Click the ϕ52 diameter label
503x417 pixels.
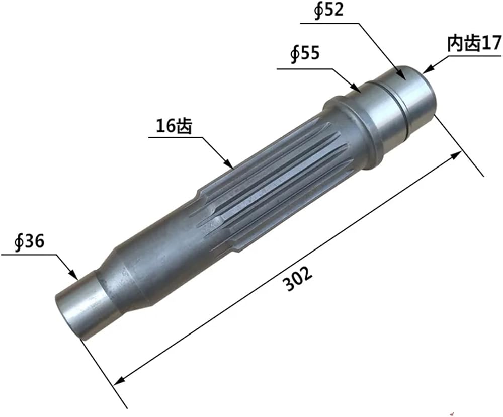[328, 10]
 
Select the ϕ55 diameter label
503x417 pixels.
[305, 53]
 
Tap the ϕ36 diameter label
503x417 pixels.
[29, 241]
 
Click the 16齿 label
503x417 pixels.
[174, 126]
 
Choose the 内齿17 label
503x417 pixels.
[474, 43]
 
